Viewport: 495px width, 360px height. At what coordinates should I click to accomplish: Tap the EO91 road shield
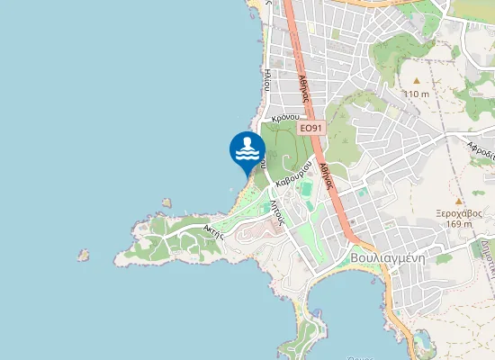pyautogui.click(x=310, y=129)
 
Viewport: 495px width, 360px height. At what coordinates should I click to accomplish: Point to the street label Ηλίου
pyautogui.click(x=267, y=79)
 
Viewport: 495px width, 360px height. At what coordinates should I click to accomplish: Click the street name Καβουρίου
pyautogui.click(x=294, y=171)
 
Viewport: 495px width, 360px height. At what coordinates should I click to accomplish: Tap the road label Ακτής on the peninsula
pyautogui.click(x=213, y=230)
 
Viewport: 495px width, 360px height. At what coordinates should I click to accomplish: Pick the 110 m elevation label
pyautogui.click(x=416, y=94)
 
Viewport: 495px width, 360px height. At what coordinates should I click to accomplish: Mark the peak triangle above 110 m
pyautogui.click(x=416, y=81)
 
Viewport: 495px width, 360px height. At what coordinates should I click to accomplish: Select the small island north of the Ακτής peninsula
pyautogui.click(x=166, y=203)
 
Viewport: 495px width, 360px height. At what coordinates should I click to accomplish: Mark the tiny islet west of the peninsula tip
pyautogui.click(x=84, y=255)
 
